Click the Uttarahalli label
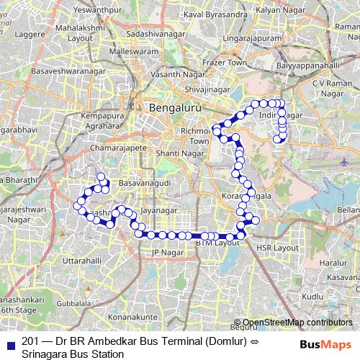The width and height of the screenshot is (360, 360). [x=82, y=258]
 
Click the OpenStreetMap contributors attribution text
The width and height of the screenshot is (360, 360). [x=295, y=323]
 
